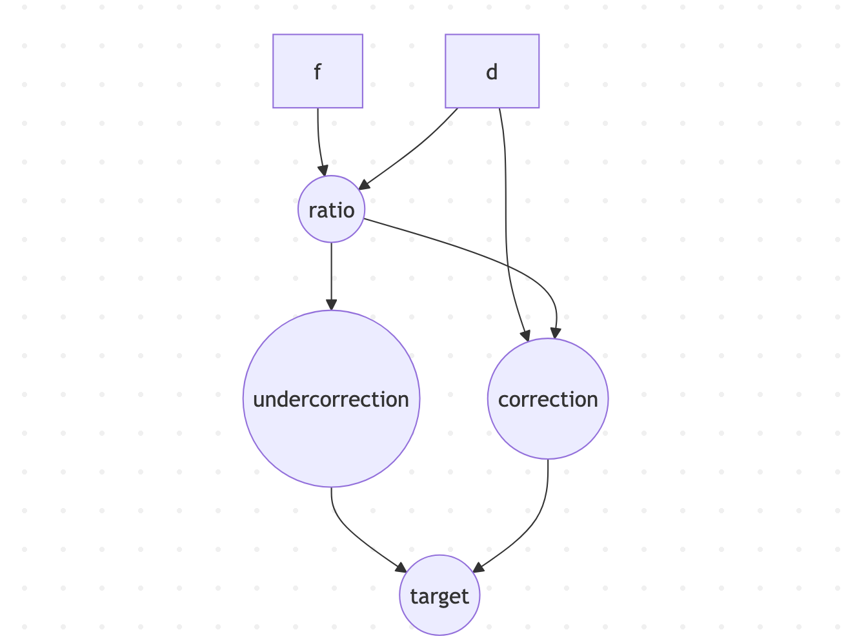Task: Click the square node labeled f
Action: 318,71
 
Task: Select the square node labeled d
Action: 492,71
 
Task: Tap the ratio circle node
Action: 331,209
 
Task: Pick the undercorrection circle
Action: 331,398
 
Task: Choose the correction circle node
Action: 547,398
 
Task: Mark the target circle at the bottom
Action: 439,595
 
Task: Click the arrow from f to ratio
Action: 319,142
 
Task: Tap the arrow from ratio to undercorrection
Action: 331,276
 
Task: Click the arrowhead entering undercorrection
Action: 331,305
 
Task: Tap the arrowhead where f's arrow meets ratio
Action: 323,170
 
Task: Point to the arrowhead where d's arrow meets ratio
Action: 363,185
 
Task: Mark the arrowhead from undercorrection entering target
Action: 401,568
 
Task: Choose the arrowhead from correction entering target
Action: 478,567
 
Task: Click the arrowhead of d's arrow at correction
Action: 526,336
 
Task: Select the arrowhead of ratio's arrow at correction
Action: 556,333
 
